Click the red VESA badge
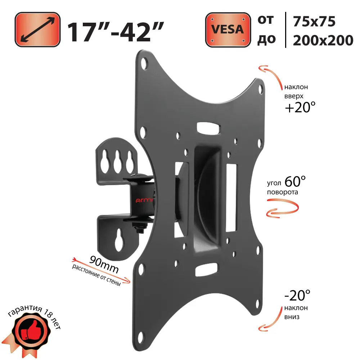[228, 30]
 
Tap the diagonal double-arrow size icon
[37, 30]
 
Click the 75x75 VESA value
[314, 22]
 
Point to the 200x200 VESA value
[323, 40]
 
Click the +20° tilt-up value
[300, 107]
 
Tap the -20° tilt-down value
[297, 296]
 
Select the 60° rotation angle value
[295, 181]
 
